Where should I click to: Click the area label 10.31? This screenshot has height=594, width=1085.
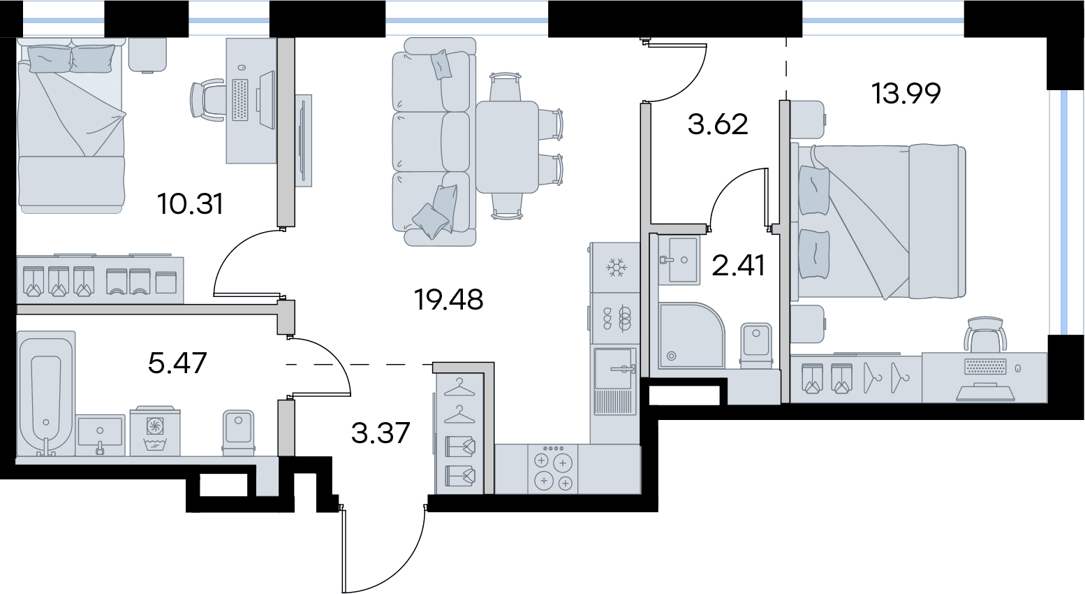[x=190, y=204]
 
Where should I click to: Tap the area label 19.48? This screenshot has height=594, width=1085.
[x=448, y=300]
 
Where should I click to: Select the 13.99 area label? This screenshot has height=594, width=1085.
[x=906, y=94]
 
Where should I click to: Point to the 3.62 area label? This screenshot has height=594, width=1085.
[x=718, y=124]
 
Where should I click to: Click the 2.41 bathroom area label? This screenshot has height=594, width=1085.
[x=738, y=266]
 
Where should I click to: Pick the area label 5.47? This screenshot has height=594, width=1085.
[x=177, y=363]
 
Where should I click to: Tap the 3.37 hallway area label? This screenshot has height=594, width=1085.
[x=381, y=433]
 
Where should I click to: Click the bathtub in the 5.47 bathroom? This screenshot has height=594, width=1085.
[x=46, y=393]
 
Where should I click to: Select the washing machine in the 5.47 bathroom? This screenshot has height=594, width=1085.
[x=155, y=431]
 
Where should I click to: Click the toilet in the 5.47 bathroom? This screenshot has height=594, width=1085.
[x=238, y=433]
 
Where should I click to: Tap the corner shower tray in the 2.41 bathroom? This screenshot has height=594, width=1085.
[x=692, y=335]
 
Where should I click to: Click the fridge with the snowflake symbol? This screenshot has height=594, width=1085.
[x=615, y=268]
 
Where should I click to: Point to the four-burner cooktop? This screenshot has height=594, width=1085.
[x=553, y=469]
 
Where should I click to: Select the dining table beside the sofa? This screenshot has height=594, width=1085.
[x=507, y=147]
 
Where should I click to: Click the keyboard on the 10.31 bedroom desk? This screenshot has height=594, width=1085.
[x=239, y=99]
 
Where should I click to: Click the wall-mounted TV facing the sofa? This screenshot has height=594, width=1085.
[x=304, y=140]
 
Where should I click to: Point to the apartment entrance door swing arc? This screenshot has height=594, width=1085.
[x=397, y=563]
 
